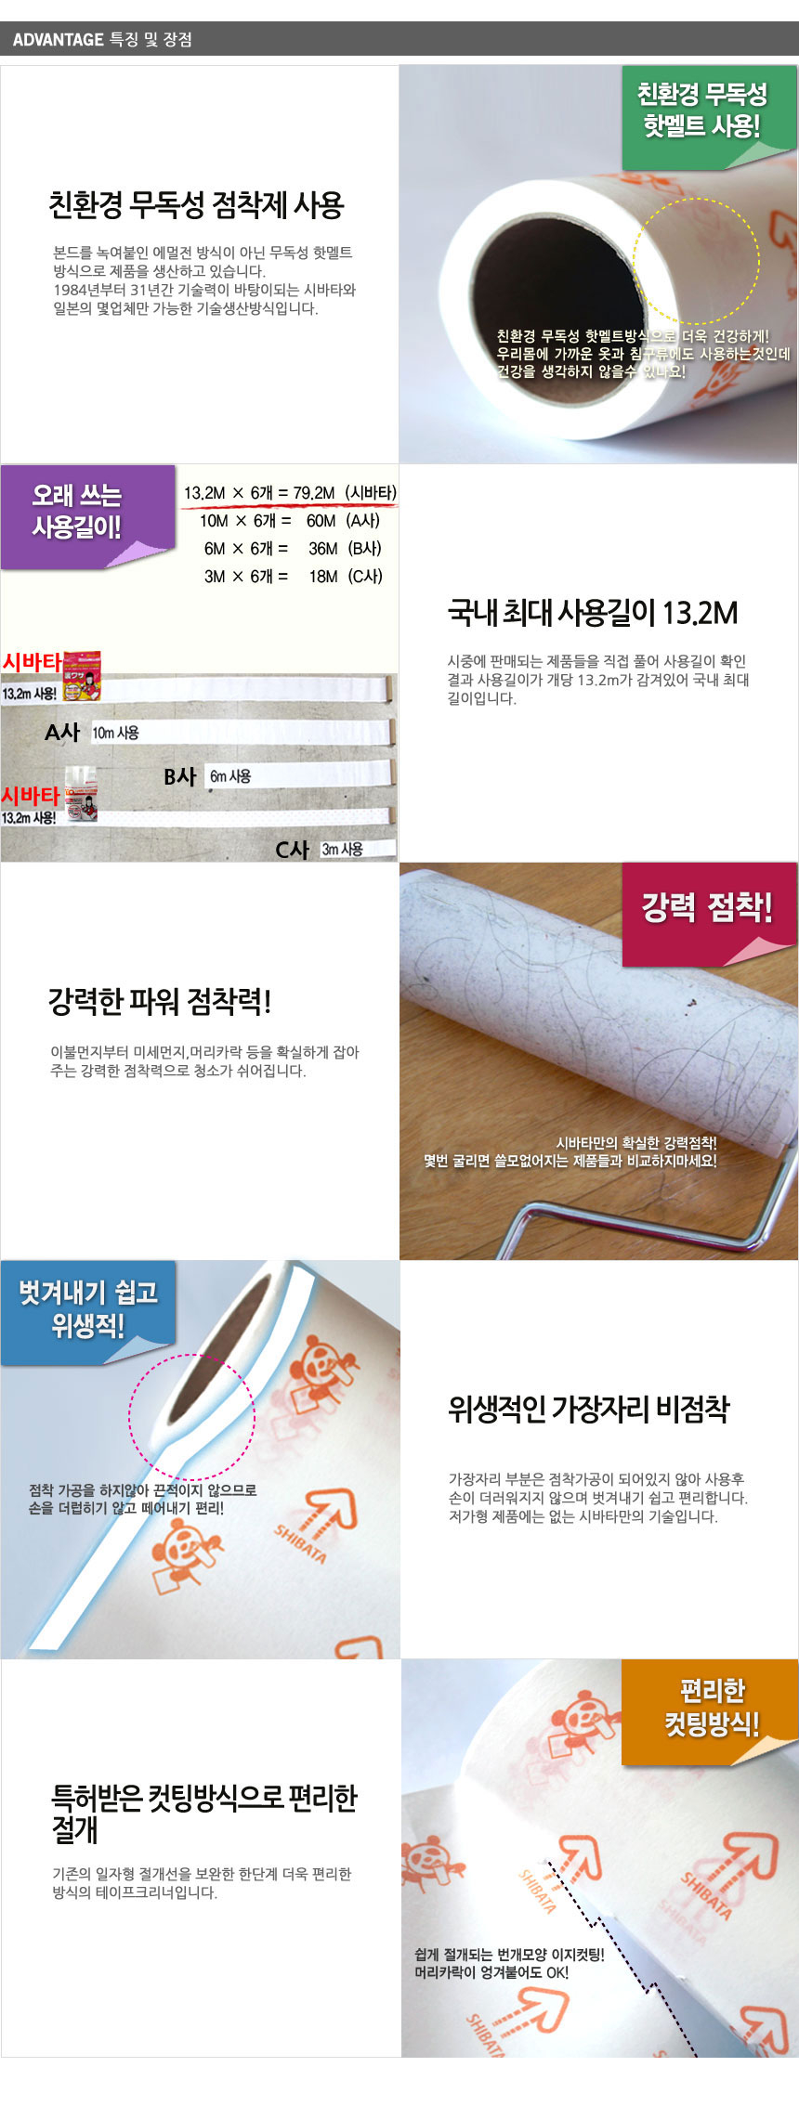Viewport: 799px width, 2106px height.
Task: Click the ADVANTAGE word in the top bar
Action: pyautogui.click(x=58, y=40)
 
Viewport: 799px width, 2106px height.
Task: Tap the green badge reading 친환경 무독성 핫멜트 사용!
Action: pyautogui.click(x=702, y=110)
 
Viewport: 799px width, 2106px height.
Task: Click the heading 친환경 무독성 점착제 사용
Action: pyautogui.click(x=196, y=204)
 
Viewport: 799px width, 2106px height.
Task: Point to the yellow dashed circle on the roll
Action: pyautogui.click(x=697, y=259)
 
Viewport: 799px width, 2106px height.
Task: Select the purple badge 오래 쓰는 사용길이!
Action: pyautogui.click(x=78, y=512)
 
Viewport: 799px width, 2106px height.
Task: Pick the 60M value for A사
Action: pyautogui.click(x=321, y=521)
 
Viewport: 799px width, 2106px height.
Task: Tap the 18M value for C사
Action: pyautogui.click(x=323, y=577)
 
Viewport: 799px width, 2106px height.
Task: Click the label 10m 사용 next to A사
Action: pyautogui.click(x=116, y=733)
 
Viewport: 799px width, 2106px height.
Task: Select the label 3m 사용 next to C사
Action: pyautogui.click(x=343, y=849)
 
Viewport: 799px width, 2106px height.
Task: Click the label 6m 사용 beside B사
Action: pyautogui.click(x=230, y=776)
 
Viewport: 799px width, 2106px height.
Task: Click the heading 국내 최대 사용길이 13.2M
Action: pyautogui.click(x=593, y=613)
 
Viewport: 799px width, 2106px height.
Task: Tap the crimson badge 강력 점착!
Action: pyautogui.click(x=707, y=906)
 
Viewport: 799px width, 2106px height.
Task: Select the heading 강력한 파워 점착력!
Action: pyautogui.click(x=160, y=1002)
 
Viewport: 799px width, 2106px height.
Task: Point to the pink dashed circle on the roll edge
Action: pyautogui.click(x=191, y=1417)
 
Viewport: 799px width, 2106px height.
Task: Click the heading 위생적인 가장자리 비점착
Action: pyautogui.click(x=589, y=1409)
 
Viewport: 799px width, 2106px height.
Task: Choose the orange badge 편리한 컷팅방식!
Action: pyautogui.click(x=712, y=1707)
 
